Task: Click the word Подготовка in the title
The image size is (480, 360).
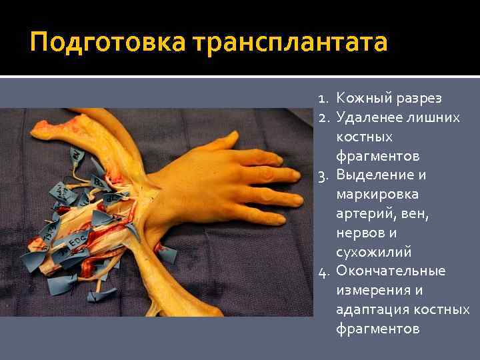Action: click(108, 43)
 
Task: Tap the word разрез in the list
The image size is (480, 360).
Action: click(419, 99)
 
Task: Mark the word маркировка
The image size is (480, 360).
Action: click(377, 195)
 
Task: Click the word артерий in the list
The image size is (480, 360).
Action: click(364, 214)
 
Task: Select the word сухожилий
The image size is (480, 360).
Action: click(374, 253)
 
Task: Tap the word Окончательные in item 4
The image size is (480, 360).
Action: click(390, 271)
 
